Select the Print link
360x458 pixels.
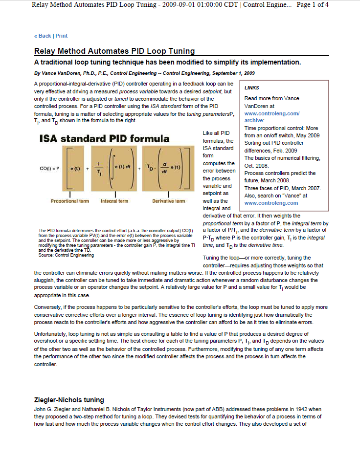click(x=62, y=36)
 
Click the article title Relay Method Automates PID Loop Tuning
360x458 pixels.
click(x=114, y=51)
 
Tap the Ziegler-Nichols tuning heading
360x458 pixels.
click(x=69, y=400)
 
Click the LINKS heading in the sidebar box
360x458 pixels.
click(x=251, y=87)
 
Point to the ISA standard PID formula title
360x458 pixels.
click(x=104, y=138)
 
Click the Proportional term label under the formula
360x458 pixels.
click(x=70, y=201)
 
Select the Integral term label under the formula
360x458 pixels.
click(x=114, y=201)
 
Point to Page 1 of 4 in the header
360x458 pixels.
click(x=313, y=5)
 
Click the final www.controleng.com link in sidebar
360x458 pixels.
click(x=271, y=203)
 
